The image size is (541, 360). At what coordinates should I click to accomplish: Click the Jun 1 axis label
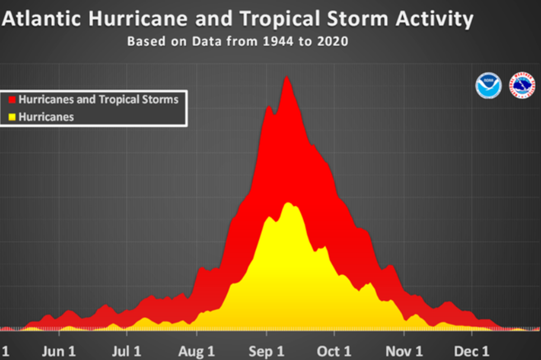click(58, 352)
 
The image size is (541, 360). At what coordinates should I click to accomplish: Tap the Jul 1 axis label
click(127, 352)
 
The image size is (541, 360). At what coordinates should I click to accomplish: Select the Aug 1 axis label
click(197, 352)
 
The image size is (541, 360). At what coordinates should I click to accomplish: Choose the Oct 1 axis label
click(334, 352)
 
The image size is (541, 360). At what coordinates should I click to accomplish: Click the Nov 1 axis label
click(404, 352)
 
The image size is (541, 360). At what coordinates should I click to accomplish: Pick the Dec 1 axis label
click(472, 352)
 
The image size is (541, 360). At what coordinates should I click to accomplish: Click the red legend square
click(13, 99)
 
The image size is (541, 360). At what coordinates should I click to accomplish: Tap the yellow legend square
click(13, 117)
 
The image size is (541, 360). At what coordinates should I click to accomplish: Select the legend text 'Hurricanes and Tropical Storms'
click(99, 99)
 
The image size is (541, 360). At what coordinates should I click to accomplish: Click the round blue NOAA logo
click(488, 86)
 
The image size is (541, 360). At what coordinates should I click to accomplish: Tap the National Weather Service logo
click(522, 86)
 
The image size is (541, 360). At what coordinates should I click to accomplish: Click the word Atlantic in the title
click(42, 20)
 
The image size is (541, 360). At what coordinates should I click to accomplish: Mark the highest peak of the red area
click(286, 77)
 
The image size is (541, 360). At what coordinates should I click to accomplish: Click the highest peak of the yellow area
click(288, 203)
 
